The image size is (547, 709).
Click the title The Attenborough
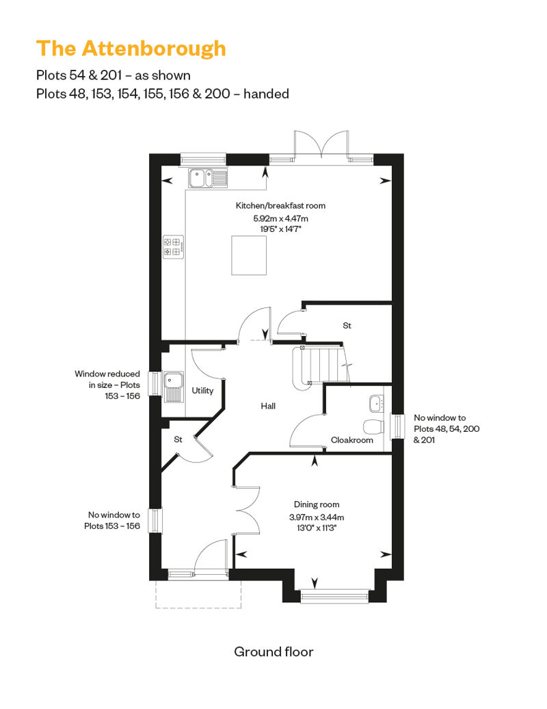(x=131, y=49)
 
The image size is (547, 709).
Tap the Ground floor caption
(x=273, y=652)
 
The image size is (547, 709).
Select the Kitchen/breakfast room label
(x=280, y=206)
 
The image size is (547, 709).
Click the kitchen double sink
(x=208, y=178)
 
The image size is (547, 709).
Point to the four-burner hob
(x=174, y=247)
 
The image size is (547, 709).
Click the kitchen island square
(x=249, y=255)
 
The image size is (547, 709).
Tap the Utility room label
(x=202, y=391)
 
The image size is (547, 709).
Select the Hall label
(x=268, y=406)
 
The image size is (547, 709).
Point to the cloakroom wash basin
(x=376, y=403)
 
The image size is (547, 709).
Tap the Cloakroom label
(x=352, y=440)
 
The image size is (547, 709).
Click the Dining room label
(x=317, y=504)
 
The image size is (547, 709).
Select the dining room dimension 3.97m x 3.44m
(x=317, y=517)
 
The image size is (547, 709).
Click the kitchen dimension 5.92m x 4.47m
(x=280, y=218)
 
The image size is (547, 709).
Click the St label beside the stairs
(x=347, y=326)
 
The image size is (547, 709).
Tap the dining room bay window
(x=335, y=596)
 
